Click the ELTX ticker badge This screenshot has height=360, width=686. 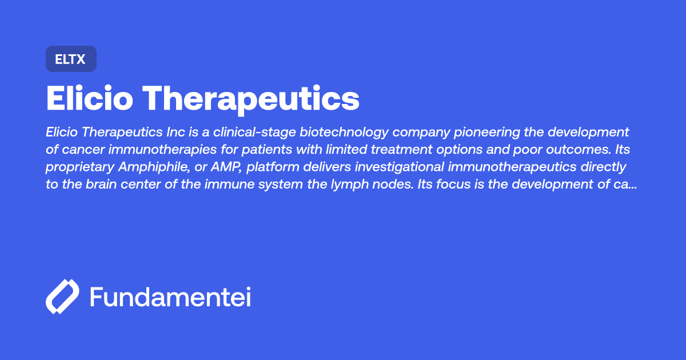[71, 59]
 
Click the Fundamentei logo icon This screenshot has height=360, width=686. [62, 297]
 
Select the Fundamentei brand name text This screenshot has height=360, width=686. [170, 297]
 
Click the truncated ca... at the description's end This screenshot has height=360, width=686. [627, 184]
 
